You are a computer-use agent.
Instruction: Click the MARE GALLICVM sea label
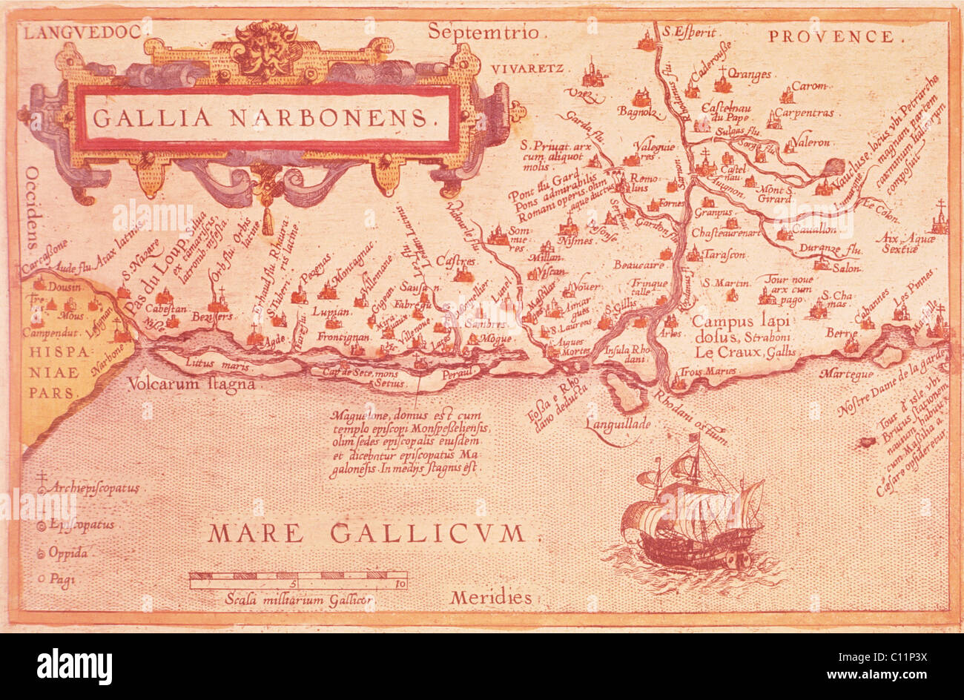(366, 532)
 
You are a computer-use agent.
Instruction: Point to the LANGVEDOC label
(82, 33)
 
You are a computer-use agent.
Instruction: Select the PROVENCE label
(831, 36)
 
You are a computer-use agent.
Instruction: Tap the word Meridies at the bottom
(491, 597)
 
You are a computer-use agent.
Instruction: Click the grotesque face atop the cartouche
(265, 50)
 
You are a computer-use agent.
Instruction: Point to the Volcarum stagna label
(191, 384)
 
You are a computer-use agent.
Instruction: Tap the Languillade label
(617, 424)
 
